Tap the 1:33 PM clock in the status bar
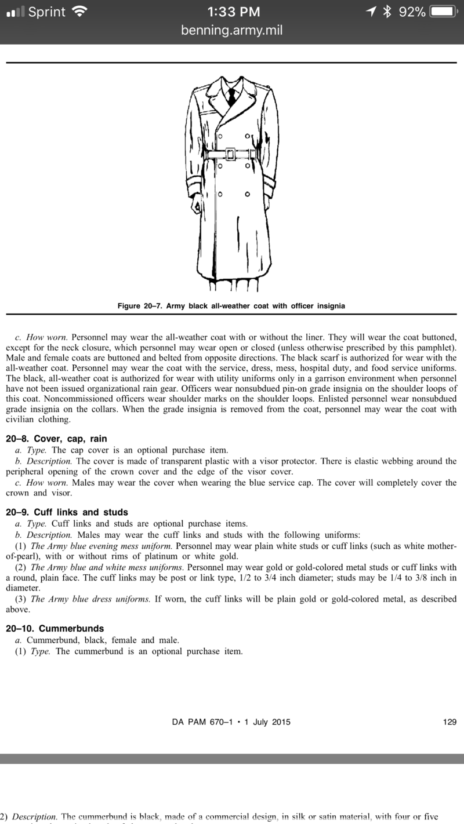click(x=232, y=12)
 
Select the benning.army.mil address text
click(x=232, y=30)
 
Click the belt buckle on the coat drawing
click(x=230, y=154)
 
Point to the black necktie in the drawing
click(x=232, y=96)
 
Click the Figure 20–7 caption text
click(x=231, y=306)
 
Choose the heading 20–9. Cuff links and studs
click(x=67, y=512)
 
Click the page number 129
click(x=449, y=722)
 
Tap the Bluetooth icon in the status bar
click(x=387, y=12)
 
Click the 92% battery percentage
click(x=412, y=12)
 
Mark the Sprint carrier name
click(x=46, y=12)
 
